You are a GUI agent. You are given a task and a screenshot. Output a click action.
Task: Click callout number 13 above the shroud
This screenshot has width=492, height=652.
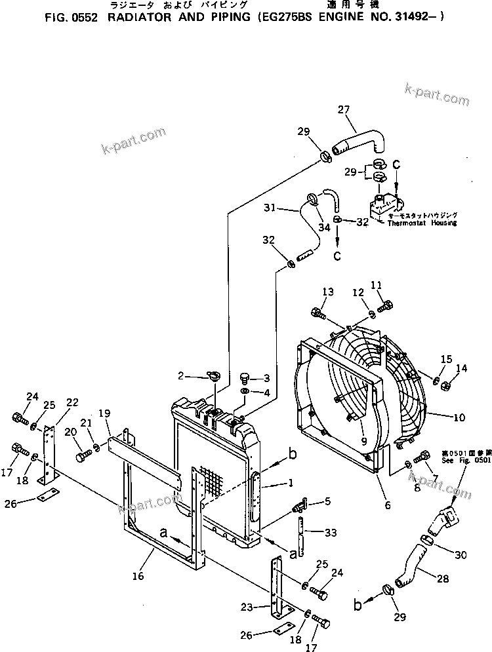(x=310, y=292)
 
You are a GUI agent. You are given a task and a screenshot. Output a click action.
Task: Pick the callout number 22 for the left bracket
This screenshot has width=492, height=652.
(x=72, y=402)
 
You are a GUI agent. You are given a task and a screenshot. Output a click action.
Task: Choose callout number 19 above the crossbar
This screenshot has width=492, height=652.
(x=104, y=413)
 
